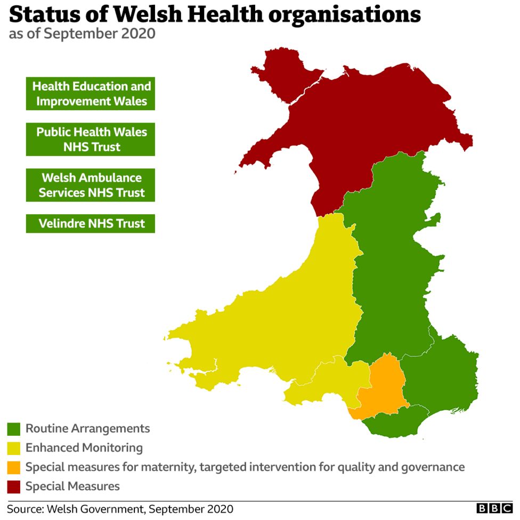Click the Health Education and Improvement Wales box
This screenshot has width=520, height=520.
(91, 93)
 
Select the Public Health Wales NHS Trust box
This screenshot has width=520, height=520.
(91, 139)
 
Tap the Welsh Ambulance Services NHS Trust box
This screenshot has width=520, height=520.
(91, 185)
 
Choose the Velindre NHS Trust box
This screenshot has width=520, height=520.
(91, 223)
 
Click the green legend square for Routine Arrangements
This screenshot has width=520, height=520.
(14, 429)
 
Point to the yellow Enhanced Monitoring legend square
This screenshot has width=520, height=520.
(14, 448)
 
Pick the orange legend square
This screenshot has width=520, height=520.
(14, 467)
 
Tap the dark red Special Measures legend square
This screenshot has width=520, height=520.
(14, 486)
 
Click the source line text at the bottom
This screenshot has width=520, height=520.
(120, 509)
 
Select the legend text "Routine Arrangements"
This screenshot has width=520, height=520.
(88, 428)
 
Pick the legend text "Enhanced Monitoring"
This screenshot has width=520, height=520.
(84, 448)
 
